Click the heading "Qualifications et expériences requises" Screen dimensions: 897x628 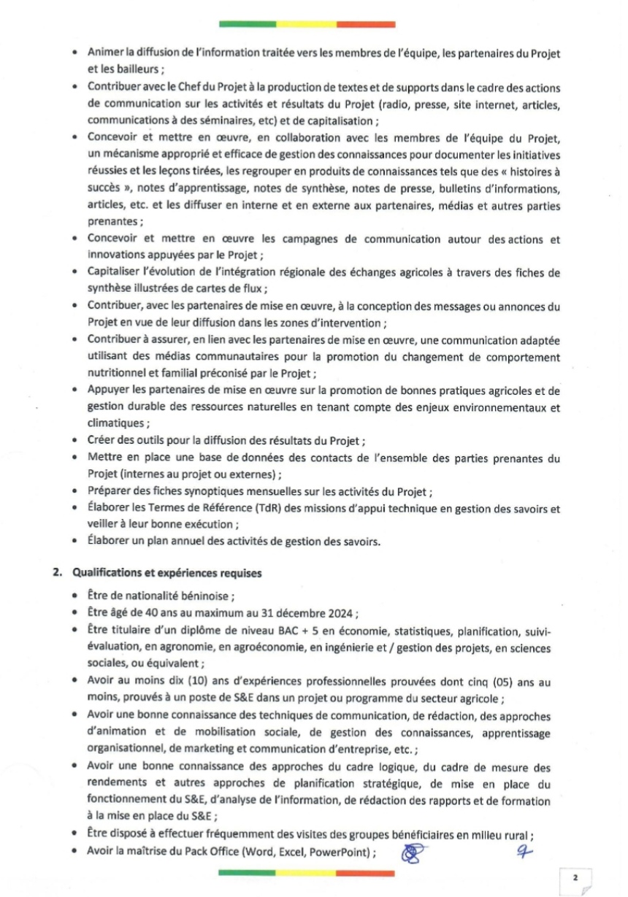[x=167, y=574]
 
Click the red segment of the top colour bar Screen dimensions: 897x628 [x=366, y=24]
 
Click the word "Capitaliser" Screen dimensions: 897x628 [x=116, y=272]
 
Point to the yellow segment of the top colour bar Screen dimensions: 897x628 [x=306, y=24]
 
